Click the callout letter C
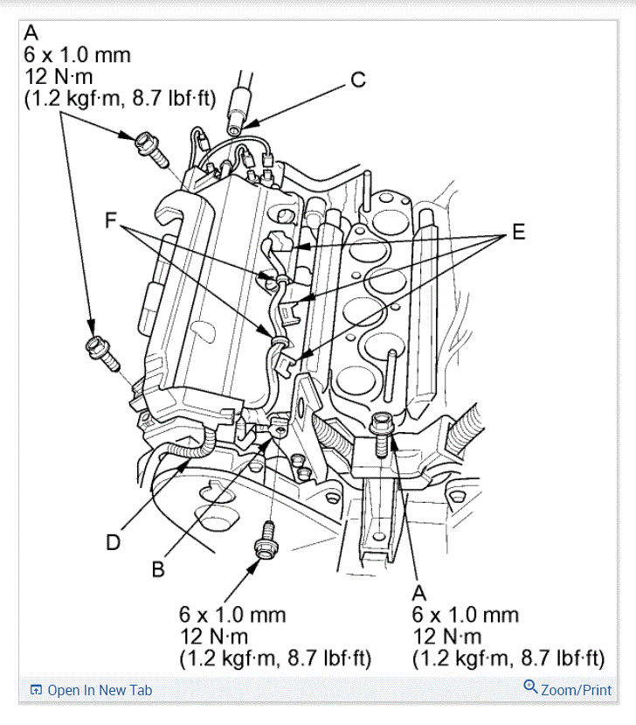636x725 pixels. click(x=357, y=80)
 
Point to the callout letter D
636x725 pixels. click(x=113, y=542)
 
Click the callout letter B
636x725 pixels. click(x=158, y=568)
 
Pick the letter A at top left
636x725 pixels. click(x=31, y=32)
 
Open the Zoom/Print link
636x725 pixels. click(x=576, y=689)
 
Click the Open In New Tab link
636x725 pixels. click(x=100, y=690)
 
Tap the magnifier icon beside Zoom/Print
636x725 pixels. click(x=530, y=687)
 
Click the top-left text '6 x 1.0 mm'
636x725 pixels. click(x=77, y=55)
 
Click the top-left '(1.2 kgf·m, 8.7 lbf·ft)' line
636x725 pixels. click(x=120, y=99)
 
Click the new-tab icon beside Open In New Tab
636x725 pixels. click(x=36, y=690)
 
